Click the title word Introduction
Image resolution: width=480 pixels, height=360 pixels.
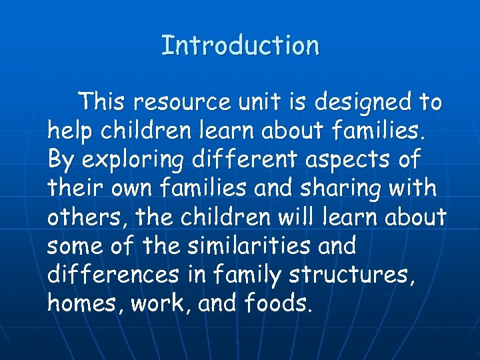(240, 46)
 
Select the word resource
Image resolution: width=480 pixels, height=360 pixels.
(178, 103)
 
